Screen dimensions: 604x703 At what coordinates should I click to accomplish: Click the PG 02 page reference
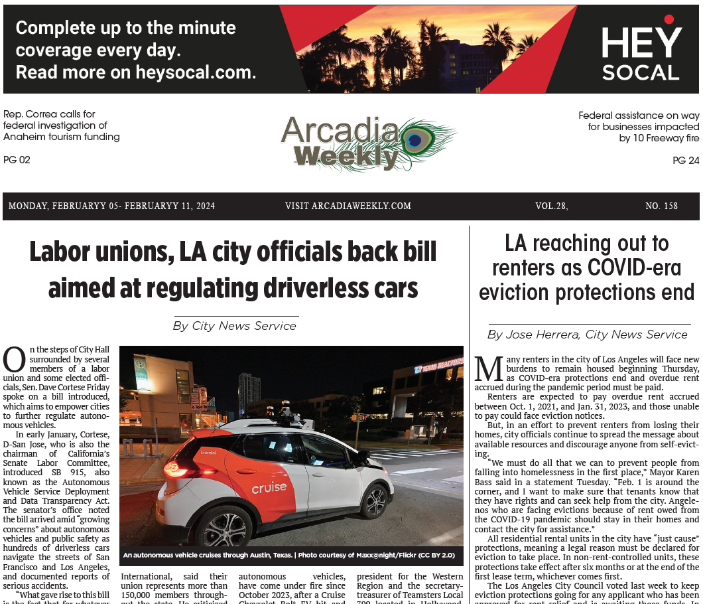[17, 160]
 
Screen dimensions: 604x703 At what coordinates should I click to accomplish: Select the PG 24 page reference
[686, 161]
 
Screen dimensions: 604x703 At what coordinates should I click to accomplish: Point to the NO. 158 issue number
[661, 206]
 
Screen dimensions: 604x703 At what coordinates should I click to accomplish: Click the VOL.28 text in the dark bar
[551, 206]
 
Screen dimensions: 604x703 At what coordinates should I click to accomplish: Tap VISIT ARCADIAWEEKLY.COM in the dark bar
[348, 206]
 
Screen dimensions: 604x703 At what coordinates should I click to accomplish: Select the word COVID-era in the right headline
[635, 267]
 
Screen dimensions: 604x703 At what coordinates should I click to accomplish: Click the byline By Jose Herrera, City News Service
[587, 335]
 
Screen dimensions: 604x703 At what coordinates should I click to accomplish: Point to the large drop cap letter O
[14, 360]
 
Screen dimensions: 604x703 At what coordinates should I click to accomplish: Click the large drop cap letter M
[489, 369]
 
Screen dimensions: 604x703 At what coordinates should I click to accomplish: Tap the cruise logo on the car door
[269, 488]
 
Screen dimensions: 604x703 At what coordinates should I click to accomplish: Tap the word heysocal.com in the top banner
[195, 72]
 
